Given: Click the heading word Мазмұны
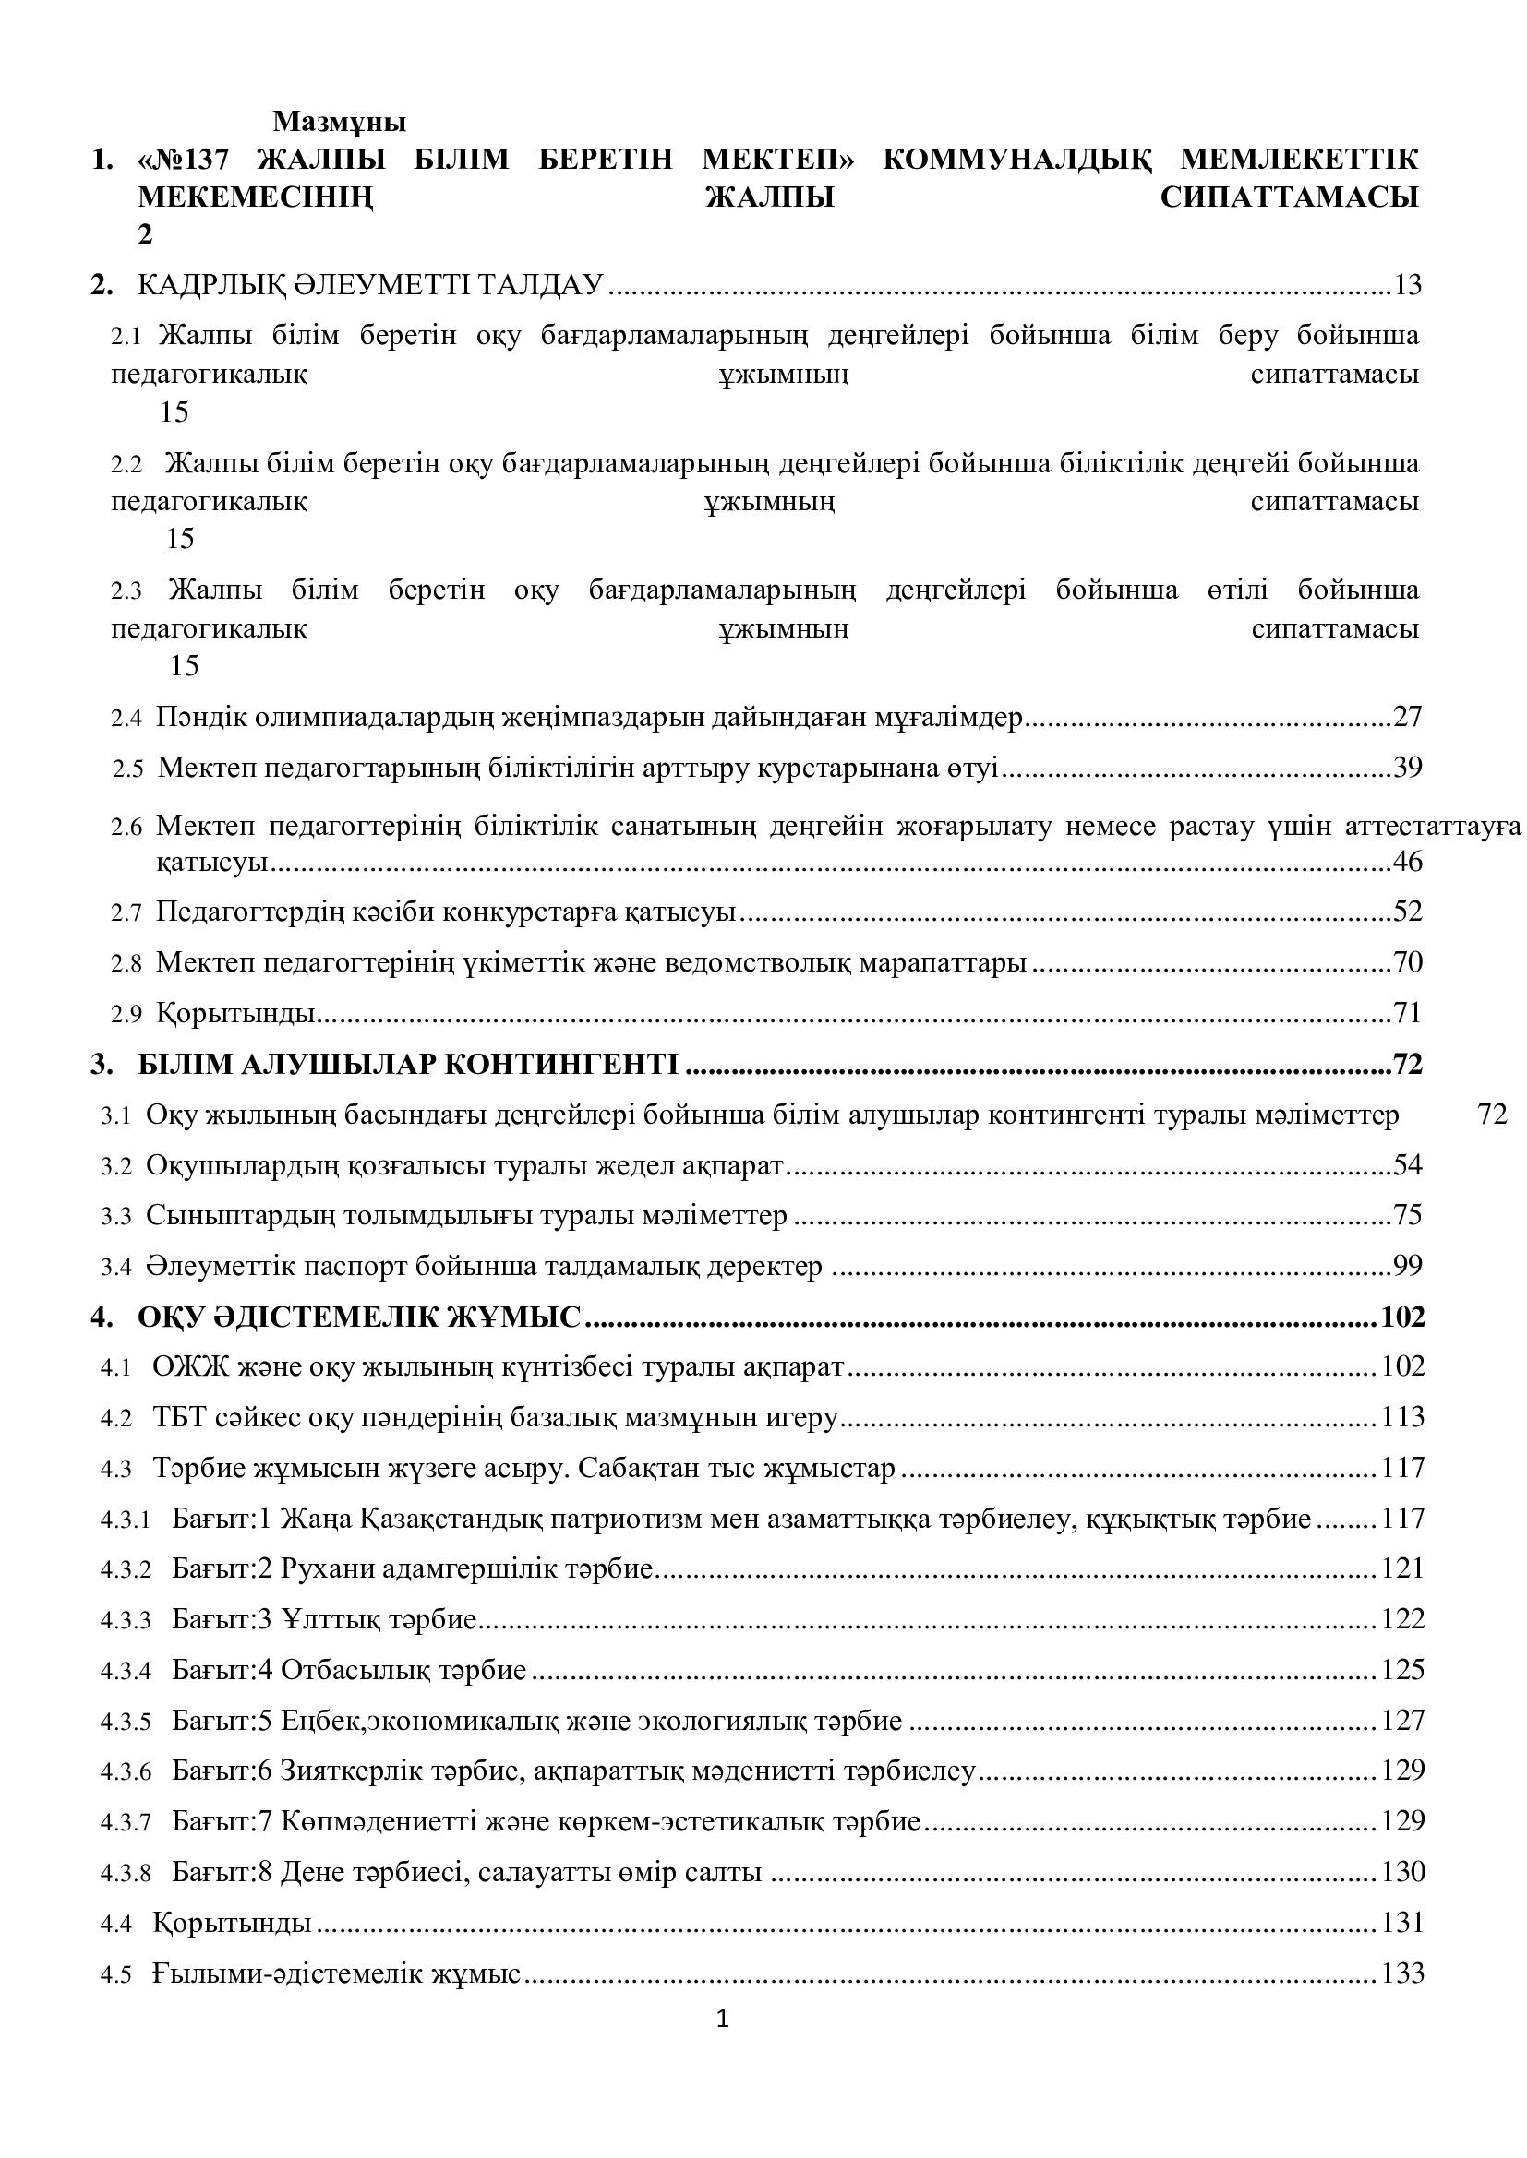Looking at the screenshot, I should [340, 122].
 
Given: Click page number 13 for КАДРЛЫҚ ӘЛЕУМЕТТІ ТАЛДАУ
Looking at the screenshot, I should [1407, 284].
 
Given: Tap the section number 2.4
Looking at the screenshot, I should [126, 719].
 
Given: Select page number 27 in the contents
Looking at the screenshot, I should [1408, 716].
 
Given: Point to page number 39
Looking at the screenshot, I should [1408, 767].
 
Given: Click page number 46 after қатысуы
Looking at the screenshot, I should [1408, 861].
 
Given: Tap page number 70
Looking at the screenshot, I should [1408, 962].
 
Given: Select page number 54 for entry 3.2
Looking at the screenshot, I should [1408, 1165].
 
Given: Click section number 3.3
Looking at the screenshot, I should [116, 1217].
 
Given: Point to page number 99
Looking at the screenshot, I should [1408, 1266].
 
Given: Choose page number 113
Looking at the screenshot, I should [1403, 1417].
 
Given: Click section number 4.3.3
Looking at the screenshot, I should [126, 1620].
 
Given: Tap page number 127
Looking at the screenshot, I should [1403, 1721].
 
